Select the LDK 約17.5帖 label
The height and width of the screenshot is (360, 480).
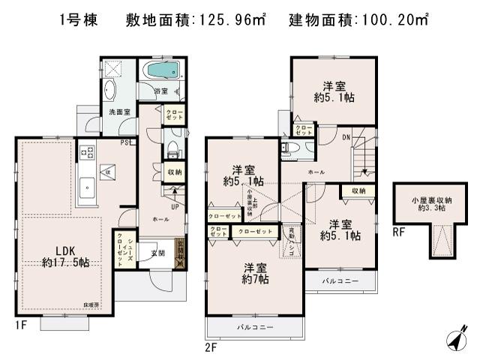(x=67, y=256)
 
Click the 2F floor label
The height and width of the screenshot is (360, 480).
(x=211, y=346)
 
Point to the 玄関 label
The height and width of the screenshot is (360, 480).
(x=157, y=253)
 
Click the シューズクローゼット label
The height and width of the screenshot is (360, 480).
(x=120, y=250)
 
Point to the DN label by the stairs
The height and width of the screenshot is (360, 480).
(x=346, y=138)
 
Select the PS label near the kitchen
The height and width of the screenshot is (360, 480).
(x=125, y=142)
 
